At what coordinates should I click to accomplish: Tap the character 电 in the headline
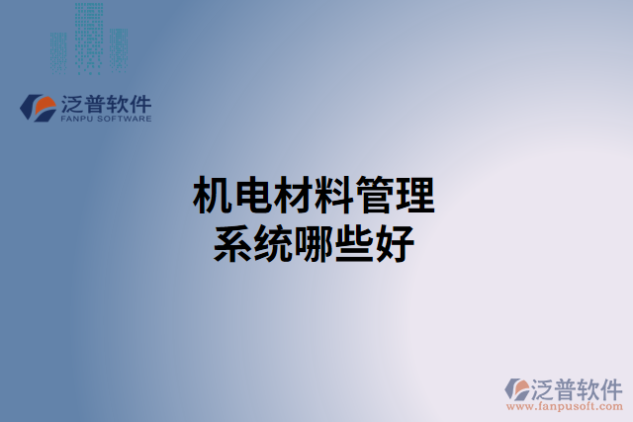click(x=251, y=197)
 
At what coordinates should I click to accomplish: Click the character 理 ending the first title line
click(x=415, y=197)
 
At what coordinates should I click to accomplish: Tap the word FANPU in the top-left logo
click(x=77, y=119)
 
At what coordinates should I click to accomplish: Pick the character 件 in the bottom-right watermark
click(x=610, y=387)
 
